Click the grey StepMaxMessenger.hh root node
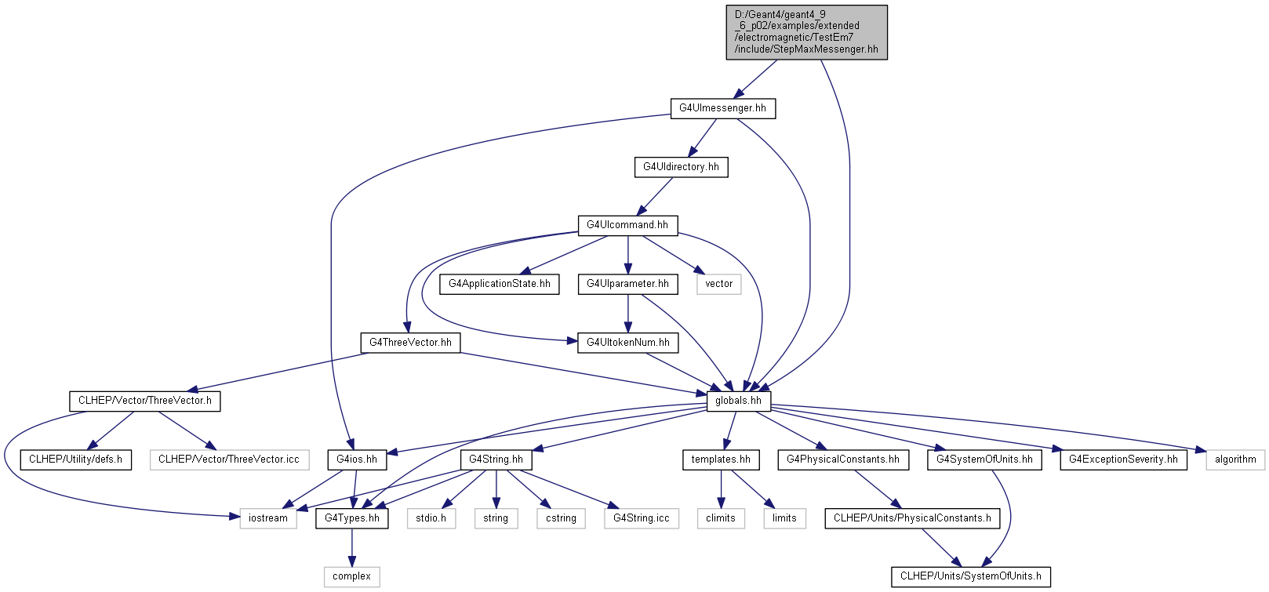click(x=807, y=32)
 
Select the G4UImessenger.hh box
click(x=723, y=108)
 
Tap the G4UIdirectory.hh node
click(x=681, y=167)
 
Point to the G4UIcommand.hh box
click(x=627, y=226)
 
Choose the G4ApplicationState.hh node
click(x=500, y=284)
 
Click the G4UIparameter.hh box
click(x=627, y=284)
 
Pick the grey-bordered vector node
click(x=719, y=284)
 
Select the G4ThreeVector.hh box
click(x=411, y=343)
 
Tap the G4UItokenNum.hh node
click(x=627, y=343)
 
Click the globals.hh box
click(x=739, y=401)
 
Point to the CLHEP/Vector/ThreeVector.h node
click(x=145, y=401)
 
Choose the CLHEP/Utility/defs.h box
click(x=76, y=459)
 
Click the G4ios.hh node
click(x=357, y=459)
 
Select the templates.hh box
click(x=722, y=459)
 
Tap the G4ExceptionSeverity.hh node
click(x=1123, y=459)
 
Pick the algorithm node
click(x=1235, y=459)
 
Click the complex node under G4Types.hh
click(x=352, y=576)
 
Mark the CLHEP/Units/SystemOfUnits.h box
click(x=970, y=576)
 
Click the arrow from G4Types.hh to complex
click(x=352, y=548)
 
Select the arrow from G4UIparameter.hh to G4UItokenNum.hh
click(x=627, y=314)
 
